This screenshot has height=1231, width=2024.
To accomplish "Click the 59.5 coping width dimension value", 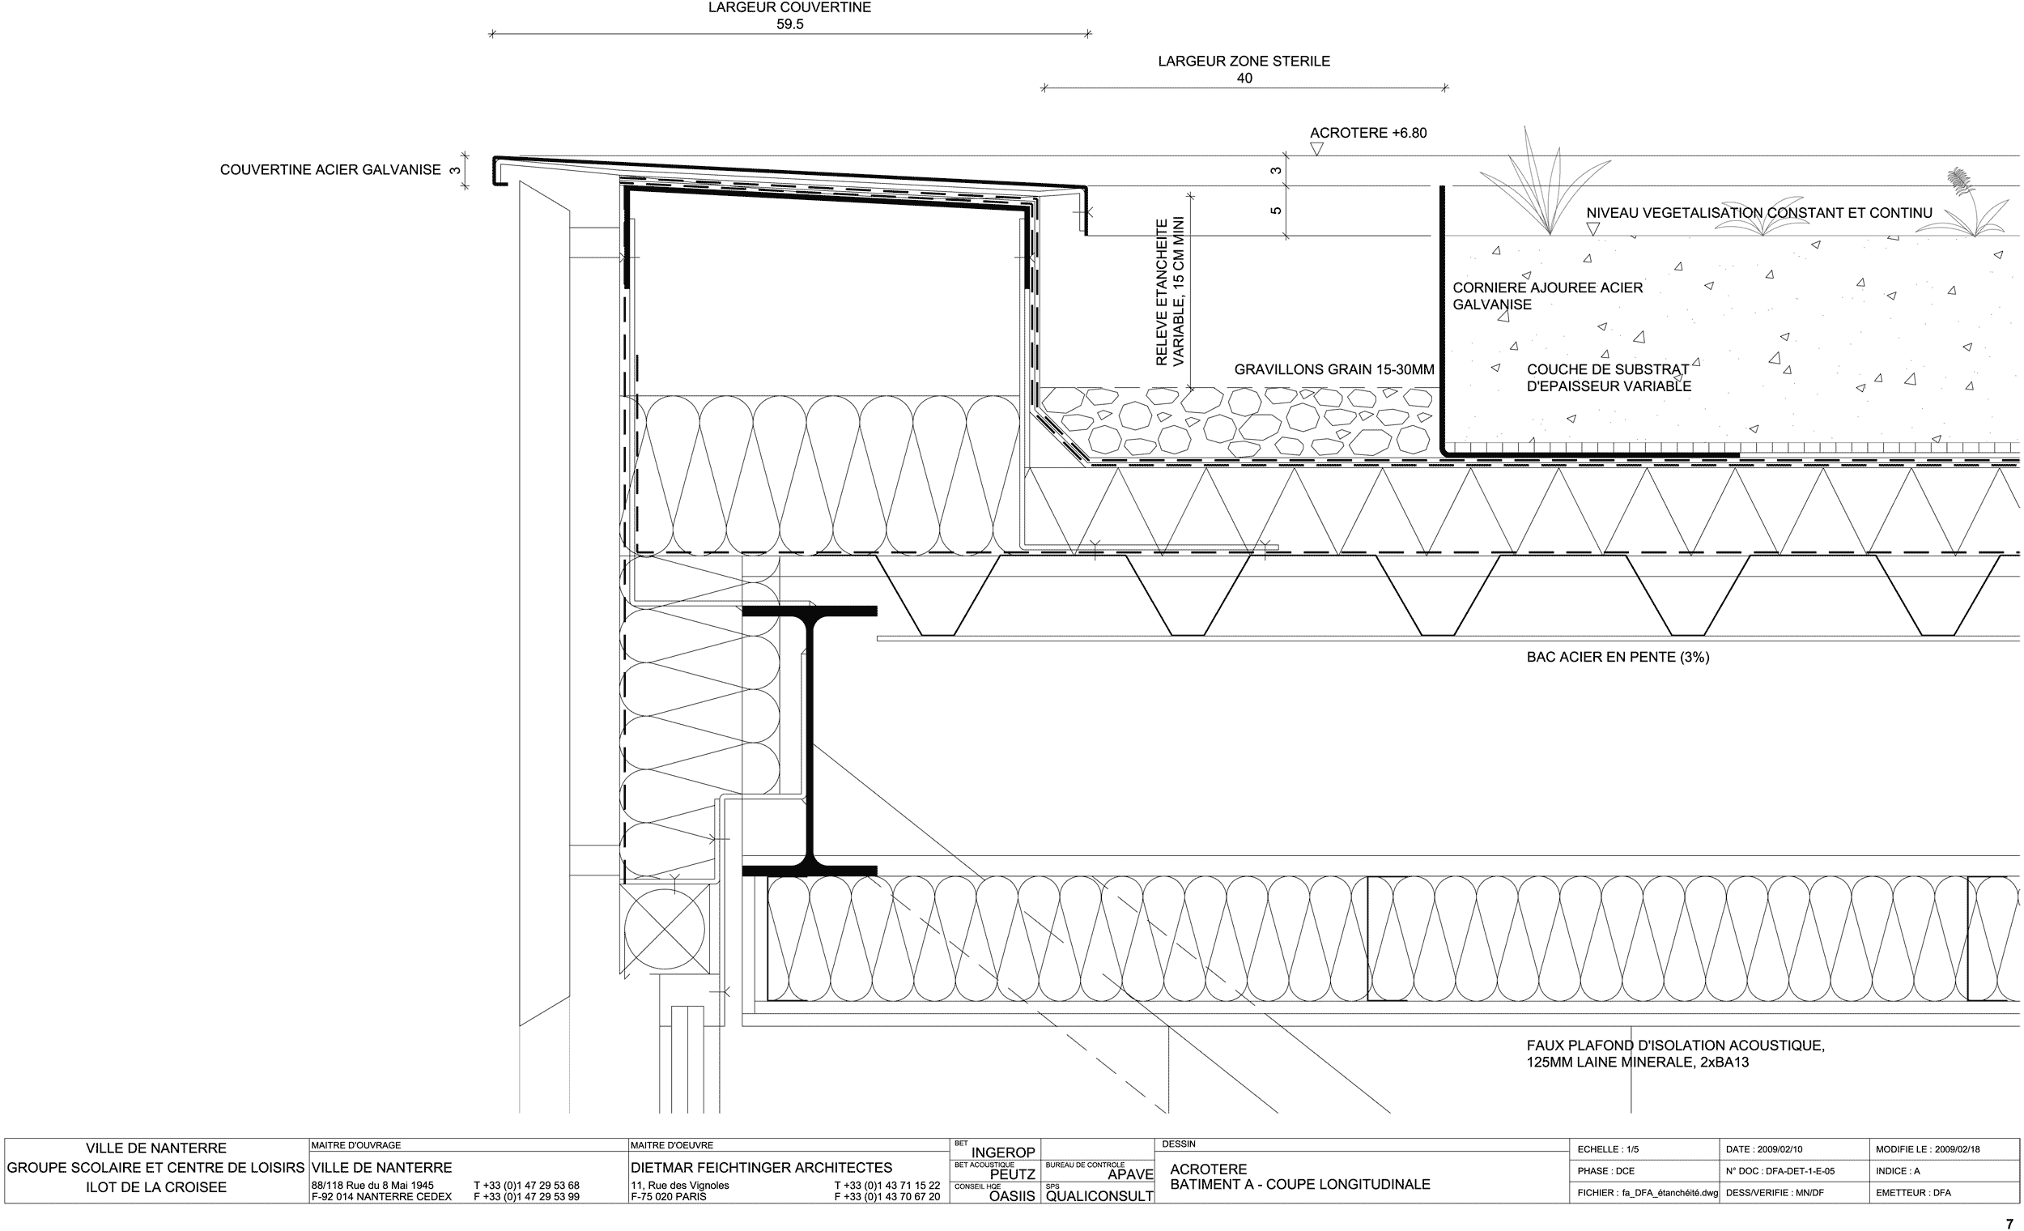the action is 789,24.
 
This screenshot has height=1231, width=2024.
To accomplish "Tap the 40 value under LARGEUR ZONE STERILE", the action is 1244,78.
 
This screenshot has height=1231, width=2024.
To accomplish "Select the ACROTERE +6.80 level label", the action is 1367,133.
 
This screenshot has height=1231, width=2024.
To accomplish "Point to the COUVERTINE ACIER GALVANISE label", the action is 330,170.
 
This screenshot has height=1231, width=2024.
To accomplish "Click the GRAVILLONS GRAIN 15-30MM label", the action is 1334,370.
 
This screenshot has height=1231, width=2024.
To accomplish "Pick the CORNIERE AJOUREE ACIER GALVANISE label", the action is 1548,296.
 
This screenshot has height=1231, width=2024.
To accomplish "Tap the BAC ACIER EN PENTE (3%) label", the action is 1618,658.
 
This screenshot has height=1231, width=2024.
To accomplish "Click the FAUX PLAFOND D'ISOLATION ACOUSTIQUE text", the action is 1676,1046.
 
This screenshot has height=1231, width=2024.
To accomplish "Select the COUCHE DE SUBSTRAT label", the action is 1608,370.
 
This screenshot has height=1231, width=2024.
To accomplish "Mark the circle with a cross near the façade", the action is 665,930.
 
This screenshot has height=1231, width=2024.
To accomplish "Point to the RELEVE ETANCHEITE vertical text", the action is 1162,292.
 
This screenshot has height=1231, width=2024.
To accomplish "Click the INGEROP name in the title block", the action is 1003,1153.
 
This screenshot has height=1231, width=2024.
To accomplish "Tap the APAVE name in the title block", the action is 1130,1174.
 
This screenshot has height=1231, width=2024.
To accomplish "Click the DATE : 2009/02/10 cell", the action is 1764,1149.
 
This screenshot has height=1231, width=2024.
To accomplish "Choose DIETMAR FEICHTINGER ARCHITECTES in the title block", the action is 762,1168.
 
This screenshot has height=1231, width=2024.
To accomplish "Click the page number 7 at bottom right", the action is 2009,1224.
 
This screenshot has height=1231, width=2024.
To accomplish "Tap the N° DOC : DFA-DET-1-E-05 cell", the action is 1780,1171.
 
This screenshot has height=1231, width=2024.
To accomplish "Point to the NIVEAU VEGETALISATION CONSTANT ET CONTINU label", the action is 1758,213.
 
